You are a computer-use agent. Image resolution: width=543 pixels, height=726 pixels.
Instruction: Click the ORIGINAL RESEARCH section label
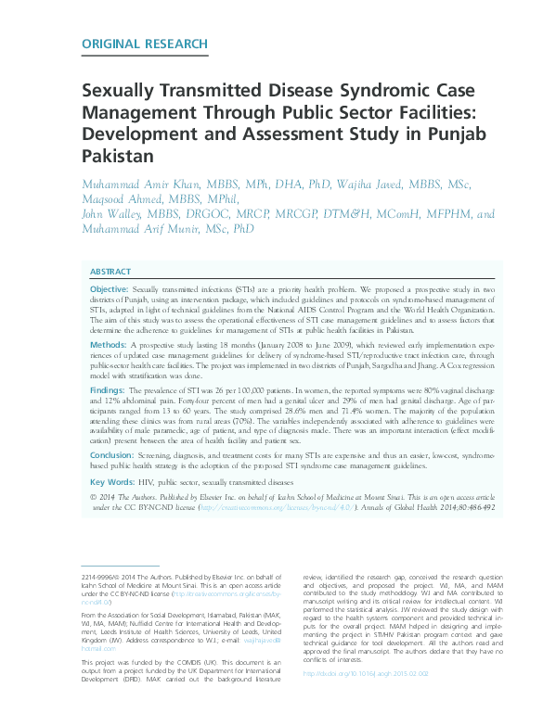[144, 44]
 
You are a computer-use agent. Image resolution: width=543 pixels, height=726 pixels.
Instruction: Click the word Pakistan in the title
[117, 158]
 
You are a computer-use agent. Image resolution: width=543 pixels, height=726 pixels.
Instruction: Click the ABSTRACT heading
[110, 272]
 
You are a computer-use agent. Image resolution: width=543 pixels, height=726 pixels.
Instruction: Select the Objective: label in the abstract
[110, 290]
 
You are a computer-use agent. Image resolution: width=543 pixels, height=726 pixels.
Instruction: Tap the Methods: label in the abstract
[107, 343]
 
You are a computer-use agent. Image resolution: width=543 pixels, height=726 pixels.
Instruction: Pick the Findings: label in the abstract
[108, 390]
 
